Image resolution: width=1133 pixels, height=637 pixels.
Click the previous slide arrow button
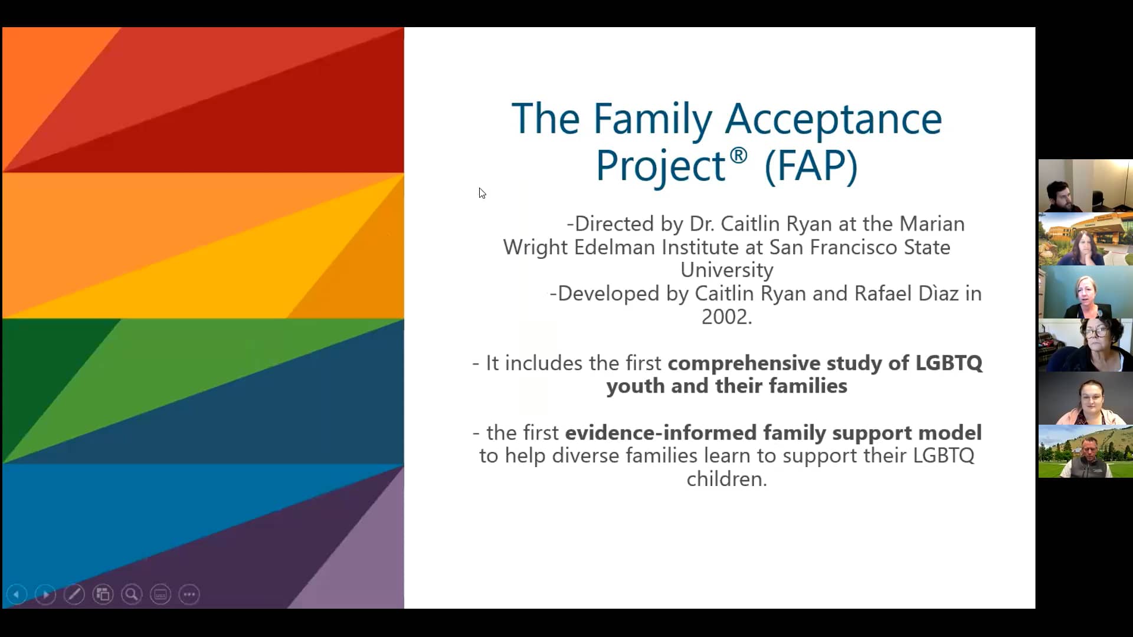(17, 595)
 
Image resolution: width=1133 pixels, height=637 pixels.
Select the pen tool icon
(74, 595)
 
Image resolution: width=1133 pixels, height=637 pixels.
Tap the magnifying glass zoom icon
(132, 595)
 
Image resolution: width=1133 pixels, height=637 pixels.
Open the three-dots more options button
(189, 595)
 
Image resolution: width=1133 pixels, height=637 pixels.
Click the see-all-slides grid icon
(103, 595)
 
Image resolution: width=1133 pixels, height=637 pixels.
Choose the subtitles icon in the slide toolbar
(161, 595)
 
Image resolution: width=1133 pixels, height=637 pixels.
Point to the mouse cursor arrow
(482, 192)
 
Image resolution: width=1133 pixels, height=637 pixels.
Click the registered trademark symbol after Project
(738, 156)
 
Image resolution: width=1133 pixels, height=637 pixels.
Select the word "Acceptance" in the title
(833, 120)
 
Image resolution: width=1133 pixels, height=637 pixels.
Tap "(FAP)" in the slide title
(811, 166)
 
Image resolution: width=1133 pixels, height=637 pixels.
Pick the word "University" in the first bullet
(726, 270)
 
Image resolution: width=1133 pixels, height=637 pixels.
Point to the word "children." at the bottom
(726, 479)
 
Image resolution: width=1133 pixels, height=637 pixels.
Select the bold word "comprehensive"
(744, 363)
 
